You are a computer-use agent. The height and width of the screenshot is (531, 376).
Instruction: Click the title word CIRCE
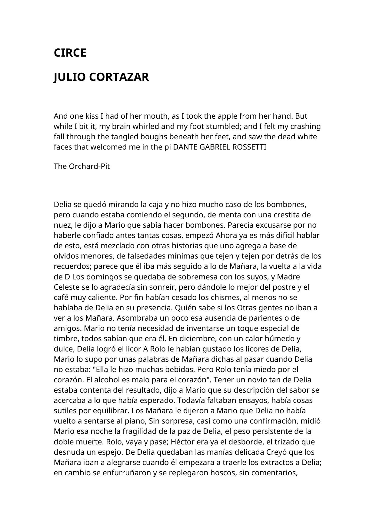click(70, 53)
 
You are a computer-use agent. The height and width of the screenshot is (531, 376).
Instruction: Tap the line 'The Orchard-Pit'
click(82, 167)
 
